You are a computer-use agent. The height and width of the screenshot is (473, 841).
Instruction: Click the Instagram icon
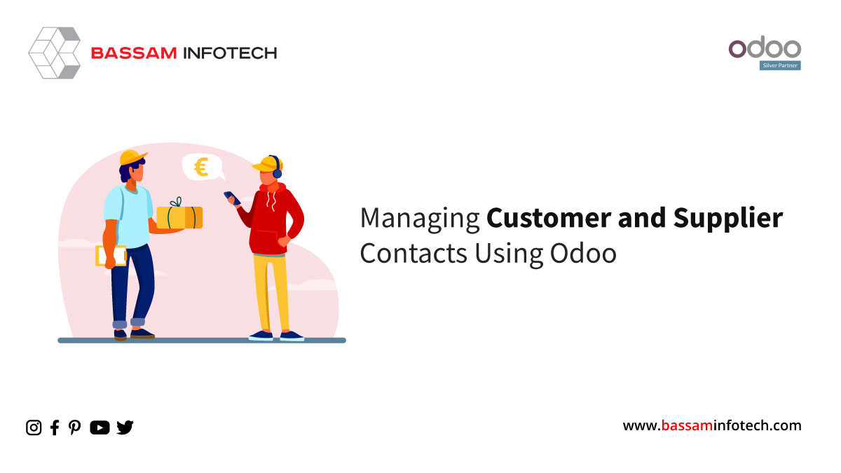click(x=34, y=427)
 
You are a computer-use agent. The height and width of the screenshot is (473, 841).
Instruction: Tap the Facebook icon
click(x=55, y=427)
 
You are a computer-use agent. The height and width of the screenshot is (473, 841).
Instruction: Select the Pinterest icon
click(x=74, y=427)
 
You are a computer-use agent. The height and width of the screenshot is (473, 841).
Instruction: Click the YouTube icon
click(x=100, y=427)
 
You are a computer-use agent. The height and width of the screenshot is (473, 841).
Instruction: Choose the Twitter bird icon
click(x=125, y=427)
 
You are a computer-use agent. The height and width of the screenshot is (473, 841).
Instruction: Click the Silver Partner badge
click(x=780, y=65)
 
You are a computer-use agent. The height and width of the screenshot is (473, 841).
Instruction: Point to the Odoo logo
click(x=765, y=48)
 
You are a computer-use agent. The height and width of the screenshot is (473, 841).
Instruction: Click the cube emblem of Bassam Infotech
click(x=55, y=53)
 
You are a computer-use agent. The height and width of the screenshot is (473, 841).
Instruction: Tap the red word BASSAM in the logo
click(x=134, y=53)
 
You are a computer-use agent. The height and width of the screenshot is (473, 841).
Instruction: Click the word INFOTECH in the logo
click(x=230, y=53)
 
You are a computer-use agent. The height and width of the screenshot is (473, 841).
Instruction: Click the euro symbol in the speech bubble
click(x=201, y=167)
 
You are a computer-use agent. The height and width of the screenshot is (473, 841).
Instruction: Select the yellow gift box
click(x=179, y=216)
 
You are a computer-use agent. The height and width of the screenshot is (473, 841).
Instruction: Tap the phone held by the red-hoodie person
click(x=232, y=198)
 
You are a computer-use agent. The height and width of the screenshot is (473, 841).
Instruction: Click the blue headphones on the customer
click(x=276, y=167)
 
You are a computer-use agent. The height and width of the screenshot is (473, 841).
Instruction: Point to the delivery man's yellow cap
click(x=132, y=157)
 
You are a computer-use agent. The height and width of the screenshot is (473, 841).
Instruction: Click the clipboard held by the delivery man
click(x=111, y=256)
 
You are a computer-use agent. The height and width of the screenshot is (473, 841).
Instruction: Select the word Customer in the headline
click(x=549, y=218)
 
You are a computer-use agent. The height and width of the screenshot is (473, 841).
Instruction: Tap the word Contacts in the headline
click(x=413, y=253)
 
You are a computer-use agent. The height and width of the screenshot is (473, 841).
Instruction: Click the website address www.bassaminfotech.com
click(x=712, y=426)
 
